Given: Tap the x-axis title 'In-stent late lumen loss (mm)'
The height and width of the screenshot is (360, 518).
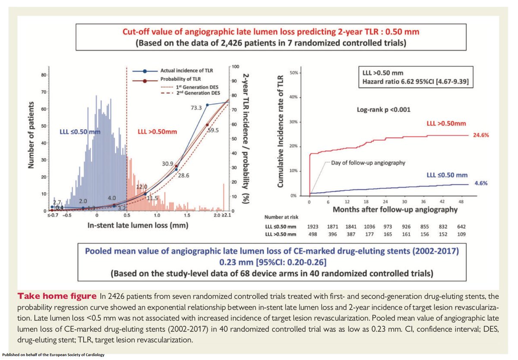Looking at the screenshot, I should coord(129,225).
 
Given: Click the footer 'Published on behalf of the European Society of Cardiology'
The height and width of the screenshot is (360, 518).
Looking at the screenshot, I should coord(54,355).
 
